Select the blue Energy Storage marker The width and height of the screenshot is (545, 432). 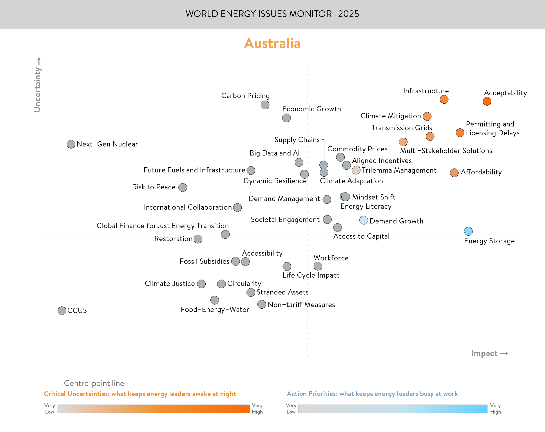[x=468, y=231]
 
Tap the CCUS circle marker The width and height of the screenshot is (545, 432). [x=62, y=311]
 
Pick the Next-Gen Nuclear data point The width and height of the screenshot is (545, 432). [x=71, y=144]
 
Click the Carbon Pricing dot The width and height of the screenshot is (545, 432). [x=265, y=105]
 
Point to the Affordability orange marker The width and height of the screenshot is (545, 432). [x=454, y=173]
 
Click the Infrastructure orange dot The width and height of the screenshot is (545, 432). [x=444, y=99]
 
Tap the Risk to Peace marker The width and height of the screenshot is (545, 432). [x=183, y=187]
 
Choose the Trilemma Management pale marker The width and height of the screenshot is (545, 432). [x=356, y=170]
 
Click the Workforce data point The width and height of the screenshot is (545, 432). [x=318, y=266]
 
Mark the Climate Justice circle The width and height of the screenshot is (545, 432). [x=201, y=284]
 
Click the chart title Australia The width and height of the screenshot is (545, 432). [x=272, y=43]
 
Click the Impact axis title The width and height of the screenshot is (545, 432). [x=484, y=353]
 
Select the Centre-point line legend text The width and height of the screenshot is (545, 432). [x=94, y=383]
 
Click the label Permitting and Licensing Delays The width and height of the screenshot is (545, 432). [x=492, y=128]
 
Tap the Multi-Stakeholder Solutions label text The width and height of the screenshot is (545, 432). [x=446, y=151]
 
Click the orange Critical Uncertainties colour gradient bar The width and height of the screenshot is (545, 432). [x=153, y=409]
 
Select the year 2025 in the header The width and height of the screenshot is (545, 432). [x=349, y=14]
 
